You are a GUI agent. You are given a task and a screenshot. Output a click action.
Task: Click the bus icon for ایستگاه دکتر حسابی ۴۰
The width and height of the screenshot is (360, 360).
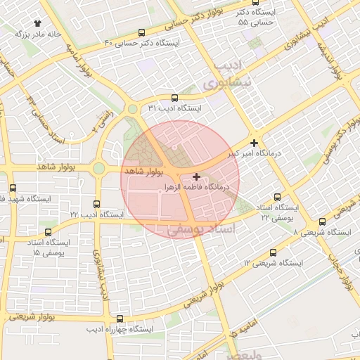click(143, 32)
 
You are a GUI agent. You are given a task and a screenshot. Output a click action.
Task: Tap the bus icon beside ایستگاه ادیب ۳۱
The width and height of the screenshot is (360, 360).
click(174, 98)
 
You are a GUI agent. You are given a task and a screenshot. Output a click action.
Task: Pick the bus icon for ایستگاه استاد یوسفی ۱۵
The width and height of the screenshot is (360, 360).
click(48, 231)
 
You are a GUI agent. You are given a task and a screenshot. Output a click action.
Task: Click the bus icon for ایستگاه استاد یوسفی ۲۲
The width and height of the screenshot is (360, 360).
click(277, 198)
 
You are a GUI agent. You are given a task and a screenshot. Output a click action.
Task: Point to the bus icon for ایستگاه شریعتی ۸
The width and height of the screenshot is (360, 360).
click(322, 221)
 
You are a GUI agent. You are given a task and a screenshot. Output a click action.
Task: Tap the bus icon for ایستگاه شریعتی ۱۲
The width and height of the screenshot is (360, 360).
click(274, 252)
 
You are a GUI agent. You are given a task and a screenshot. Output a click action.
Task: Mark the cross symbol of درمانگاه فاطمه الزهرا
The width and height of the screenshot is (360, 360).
click(195, 176)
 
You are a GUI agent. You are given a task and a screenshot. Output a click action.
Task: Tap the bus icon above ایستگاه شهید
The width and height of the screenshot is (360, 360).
click(13, 188)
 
